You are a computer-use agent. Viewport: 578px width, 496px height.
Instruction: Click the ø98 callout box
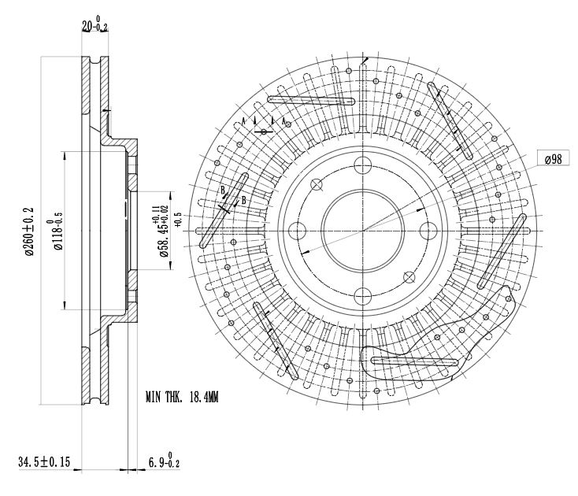553,159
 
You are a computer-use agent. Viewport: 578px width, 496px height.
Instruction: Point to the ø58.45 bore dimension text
161,231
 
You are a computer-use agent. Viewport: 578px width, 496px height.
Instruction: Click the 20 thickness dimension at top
94,24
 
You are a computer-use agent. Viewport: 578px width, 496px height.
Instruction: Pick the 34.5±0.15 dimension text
44,461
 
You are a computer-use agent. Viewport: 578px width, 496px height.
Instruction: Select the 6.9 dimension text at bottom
164,461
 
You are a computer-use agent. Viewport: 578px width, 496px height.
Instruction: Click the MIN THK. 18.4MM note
182,397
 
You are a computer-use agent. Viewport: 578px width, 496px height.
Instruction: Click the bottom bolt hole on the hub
363,297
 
